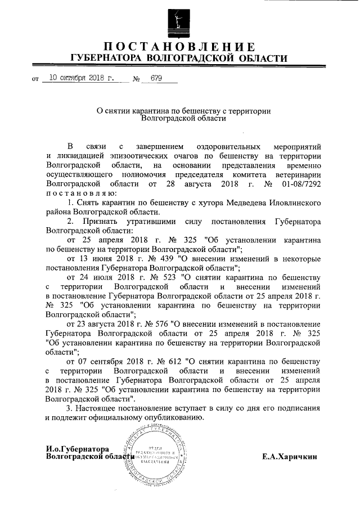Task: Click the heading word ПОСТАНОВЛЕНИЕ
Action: (179, 46)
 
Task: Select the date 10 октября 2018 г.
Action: (82, 79)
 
